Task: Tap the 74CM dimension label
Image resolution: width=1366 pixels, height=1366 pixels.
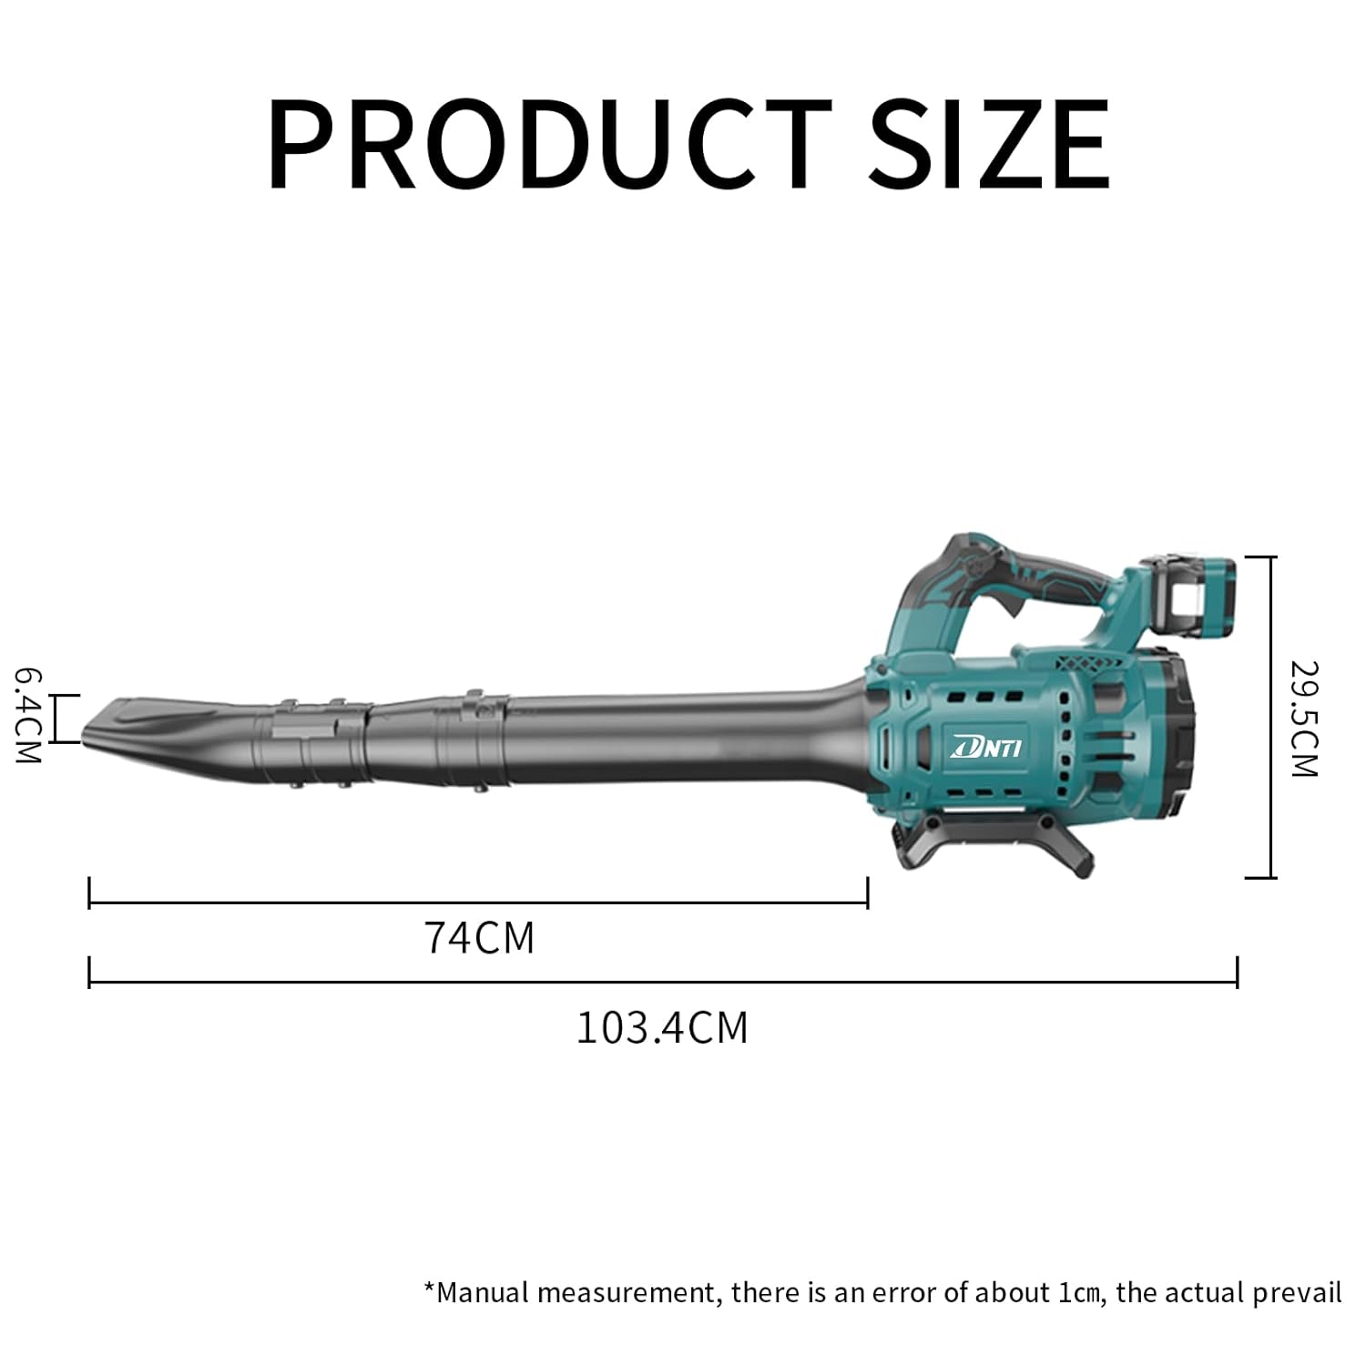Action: click(479, 937)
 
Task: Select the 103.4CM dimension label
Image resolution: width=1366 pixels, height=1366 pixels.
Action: click(662, 1027)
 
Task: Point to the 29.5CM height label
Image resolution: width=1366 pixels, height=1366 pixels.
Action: click(1304, 719)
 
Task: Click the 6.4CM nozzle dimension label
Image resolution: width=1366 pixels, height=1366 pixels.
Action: click(28, 716)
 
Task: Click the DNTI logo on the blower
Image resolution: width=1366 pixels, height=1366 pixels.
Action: click(987, 748)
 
